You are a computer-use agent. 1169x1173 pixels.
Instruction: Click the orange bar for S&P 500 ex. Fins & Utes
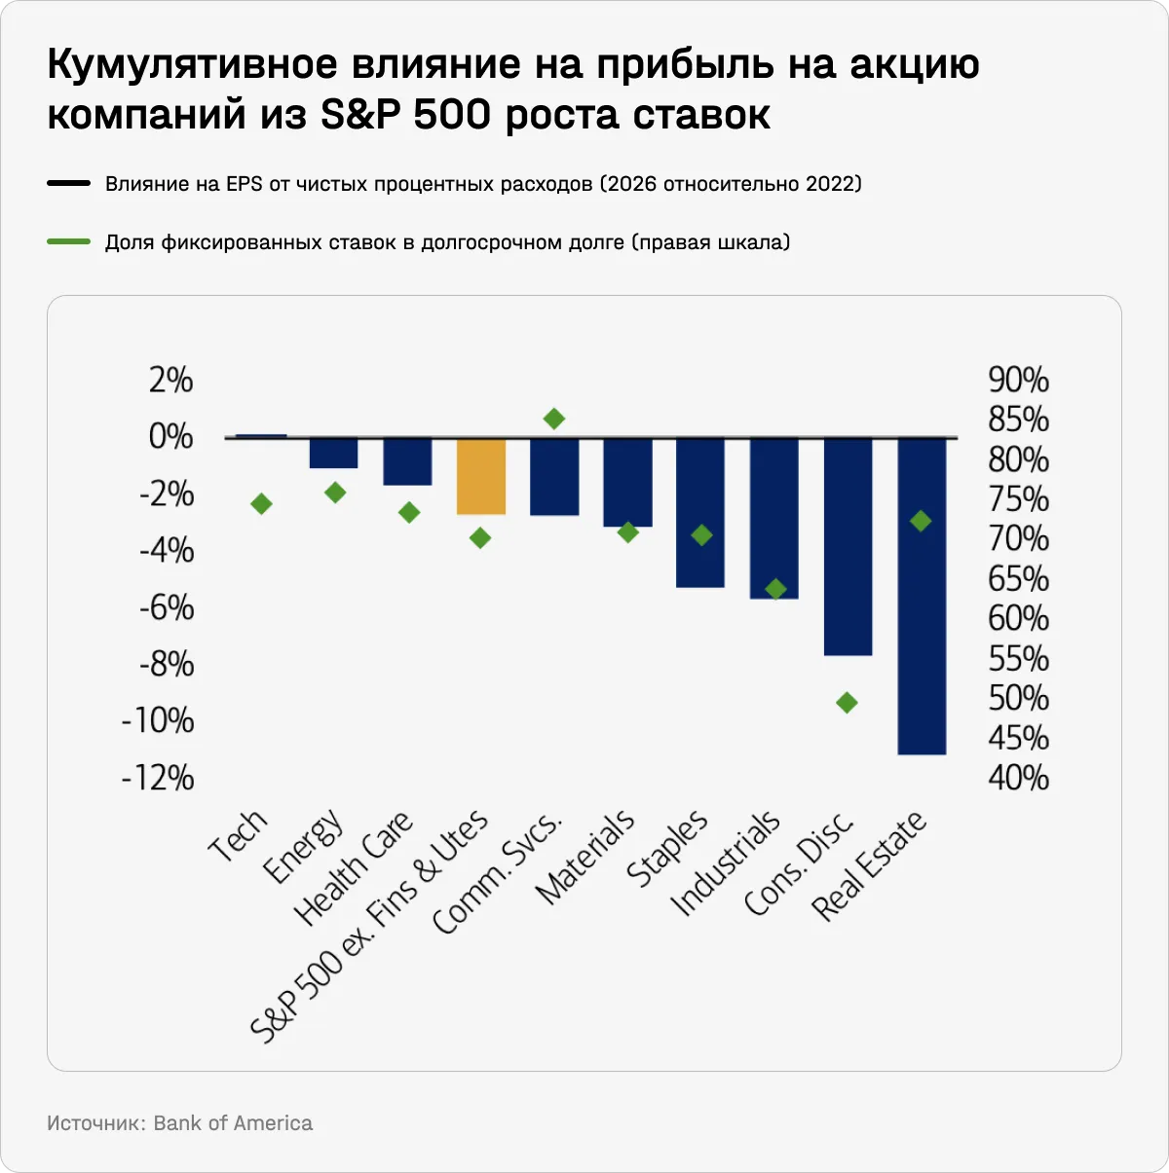pos(481,476)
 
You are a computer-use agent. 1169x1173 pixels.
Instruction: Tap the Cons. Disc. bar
pos(848,546)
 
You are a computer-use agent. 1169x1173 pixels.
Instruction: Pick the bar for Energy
pos(334,454)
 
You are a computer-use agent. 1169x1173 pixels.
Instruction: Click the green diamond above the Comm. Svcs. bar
pos(554,419)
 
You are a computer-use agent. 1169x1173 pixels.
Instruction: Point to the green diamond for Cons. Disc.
pos(848,703)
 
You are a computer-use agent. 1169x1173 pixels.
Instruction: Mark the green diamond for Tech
pos(261,504)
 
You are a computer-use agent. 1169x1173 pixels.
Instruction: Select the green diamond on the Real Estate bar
pos(921,522)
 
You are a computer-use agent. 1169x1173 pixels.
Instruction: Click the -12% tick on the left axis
pos(158,778)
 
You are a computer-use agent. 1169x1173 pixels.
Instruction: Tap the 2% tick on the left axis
pos(170,380)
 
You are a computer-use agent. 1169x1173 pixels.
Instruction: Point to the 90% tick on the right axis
pos(1018,380)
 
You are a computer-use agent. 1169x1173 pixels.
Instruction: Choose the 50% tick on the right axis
pos(1018,698)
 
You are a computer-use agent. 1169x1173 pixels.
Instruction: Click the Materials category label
pos(585,857)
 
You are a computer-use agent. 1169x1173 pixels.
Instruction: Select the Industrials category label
pos(726,862)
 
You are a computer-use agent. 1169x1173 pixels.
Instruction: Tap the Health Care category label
pos(354,867)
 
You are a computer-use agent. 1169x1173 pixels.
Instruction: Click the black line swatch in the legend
pos(68,183)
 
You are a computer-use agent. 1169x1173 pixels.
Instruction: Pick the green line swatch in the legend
pos(68,241)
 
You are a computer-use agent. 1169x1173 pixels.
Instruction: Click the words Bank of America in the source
pos(233,1123)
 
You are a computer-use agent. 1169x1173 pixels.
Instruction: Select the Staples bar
pos(700,513)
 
